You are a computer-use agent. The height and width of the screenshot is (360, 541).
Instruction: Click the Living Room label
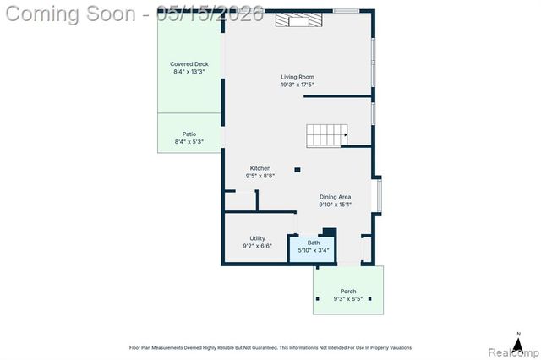tap(298, 77)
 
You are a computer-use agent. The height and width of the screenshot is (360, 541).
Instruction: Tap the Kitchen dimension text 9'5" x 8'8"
tap(260, 176)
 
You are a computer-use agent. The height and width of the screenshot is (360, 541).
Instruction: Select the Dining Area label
tap(335, 197)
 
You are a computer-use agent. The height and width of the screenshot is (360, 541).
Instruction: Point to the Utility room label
tap(257, 238)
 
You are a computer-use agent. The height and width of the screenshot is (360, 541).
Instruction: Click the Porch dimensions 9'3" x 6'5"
tap(348, 299)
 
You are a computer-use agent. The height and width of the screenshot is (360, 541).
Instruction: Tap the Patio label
tap(189, 134)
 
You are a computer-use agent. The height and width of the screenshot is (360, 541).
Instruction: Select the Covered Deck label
tap(189, 63)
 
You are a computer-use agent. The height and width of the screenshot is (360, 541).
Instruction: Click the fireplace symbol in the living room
tap(298, 19)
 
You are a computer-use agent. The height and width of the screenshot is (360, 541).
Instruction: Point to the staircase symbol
tap(327, 136)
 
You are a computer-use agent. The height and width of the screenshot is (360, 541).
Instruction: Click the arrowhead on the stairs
tap(346, 135)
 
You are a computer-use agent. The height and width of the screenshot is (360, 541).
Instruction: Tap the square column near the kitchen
tap(298, 170)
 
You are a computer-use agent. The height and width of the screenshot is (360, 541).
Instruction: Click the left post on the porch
tap(318, 298)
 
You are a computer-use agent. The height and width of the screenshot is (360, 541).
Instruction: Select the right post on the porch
tap(370, 298)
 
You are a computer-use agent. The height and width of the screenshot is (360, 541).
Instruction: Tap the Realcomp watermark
tap(514, 352)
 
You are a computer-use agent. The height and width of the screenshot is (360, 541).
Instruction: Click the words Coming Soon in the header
tap(71, 14)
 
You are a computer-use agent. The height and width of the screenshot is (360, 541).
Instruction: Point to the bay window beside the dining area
tap(379, 195)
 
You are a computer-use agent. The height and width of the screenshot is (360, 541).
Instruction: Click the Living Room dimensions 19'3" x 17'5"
tap(298, 85)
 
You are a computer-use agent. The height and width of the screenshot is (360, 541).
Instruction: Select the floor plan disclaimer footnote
tap(270, 348)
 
